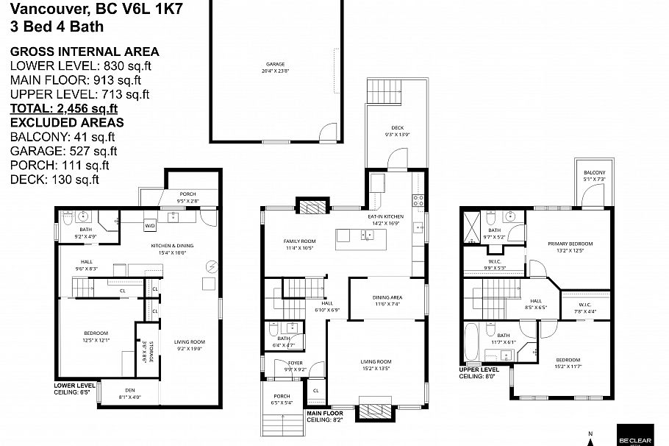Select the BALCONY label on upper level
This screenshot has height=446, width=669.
pyautogui.click(x=594, y=172)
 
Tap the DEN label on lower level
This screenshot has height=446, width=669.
pyautogui.click(x=129, y=390)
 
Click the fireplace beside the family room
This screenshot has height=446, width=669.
pyautogui.click(x=309, y=205)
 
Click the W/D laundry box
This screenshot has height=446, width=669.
pyautogui.click(x=149, y=225)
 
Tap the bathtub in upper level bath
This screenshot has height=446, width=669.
pyautogui.click(x=471, y=342)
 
